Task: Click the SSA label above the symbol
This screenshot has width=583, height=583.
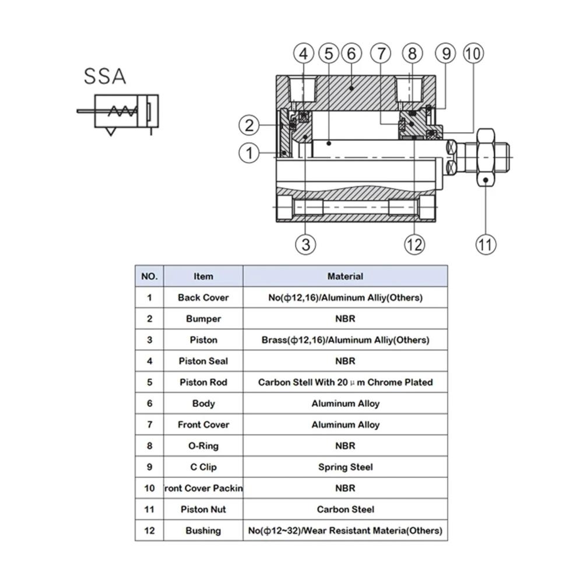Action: coord(105,76)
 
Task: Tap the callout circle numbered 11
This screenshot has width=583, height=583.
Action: coord(486,244)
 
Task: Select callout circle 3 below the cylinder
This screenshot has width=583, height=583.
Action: coord(306,244)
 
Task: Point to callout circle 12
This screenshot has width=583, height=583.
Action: coord(415,244)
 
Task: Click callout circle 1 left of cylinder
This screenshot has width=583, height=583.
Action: coord(249,153)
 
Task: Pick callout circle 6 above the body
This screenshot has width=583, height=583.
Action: coord(352,54)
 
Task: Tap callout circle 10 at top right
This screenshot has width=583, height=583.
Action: coord(473,54)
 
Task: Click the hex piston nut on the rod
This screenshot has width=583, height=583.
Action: coord(486,157)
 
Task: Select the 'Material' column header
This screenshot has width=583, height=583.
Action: coord(345,276)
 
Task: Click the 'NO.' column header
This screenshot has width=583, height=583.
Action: coord(149,276)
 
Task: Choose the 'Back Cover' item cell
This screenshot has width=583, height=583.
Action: coord(203,297)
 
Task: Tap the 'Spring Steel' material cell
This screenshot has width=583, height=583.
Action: coord(345,467)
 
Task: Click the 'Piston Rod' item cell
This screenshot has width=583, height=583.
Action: coord(203,382)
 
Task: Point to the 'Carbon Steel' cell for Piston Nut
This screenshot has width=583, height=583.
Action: coord(345,510)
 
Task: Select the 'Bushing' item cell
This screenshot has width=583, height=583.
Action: coord(203,531)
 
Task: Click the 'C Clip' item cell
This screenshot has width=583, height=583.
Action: coord(203,467)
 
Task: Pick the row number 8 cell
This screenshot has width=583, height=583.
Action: coord(149,446)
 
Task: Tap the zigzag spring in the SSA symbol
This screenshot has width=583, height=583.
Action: coord(124,111)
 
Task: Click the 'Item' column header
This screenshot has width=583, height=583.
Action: coord(203,276)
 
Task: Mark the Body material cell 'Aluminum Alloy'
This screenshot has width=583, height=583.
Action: coord(345,403)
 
